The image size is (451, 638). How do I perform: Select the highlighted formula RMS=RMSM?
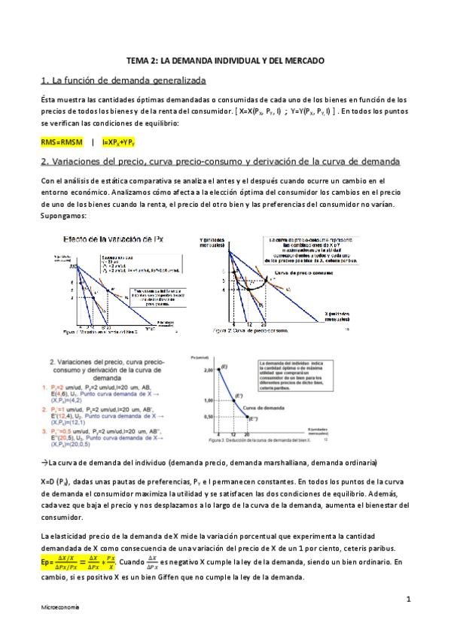coord(62,141)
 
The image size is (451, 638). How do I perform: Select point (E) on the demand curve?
coord(224,366)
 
